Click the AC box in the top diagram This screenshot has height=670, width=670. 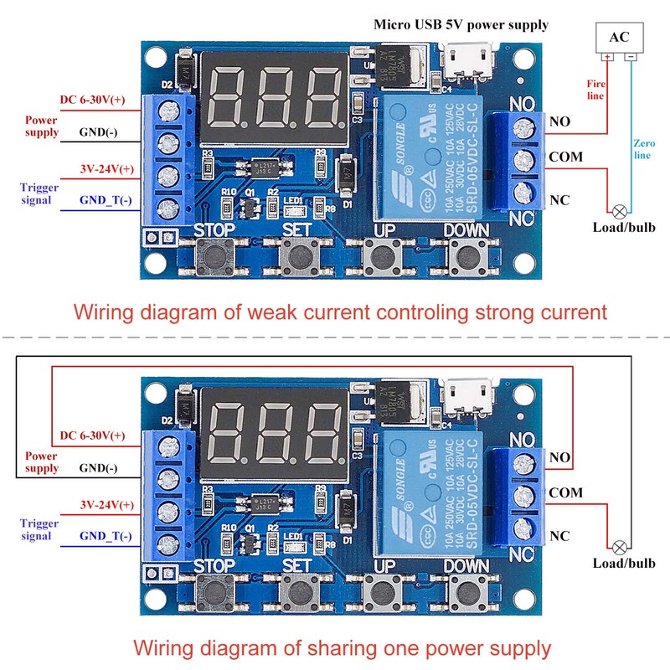pyautogui.click(x=619, y=38)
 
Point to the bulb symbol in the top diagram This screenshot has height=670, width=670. pyautogui.click(x=621, y=211)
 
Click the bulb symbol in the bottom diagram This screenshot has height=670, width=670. pyautogui.click(x=621, y=547)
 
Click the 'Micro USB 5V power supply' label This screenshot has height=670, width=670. pyautogui.click(x=461, y=24)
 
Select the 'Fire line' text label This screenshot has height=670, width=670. pyautogui.click(x=595, y=90)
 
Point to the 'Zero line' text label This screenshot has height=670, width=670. pyautogui.click(x=642, y=149)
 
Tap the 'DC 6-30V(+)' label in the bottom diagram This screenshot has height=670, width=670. pyautogui.click(x=93, y=436)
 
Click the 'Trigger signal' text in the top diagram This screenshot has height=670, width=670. pyautogui.click(x=40, y=193)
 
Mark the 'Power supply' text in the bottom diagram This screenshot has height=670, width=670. pyautogui.click(x=42, y=462)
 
